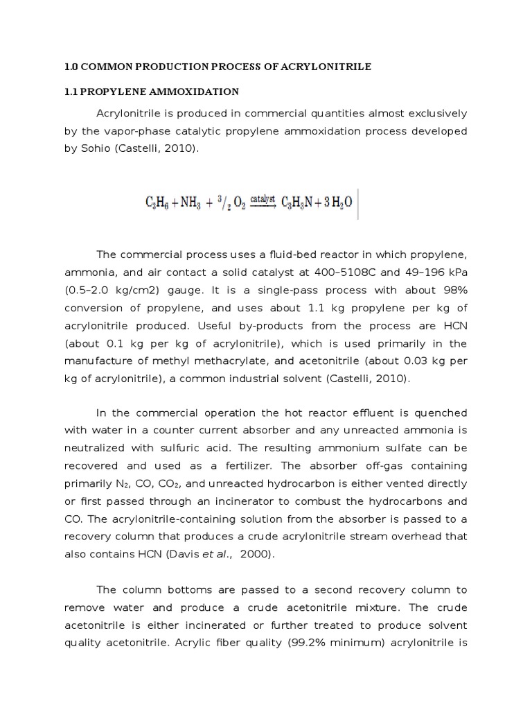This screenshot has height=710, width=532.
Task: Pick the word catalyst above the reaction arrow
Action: (262, 198)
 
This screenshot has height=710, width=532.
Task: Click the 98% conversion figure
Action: (453, 290)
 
